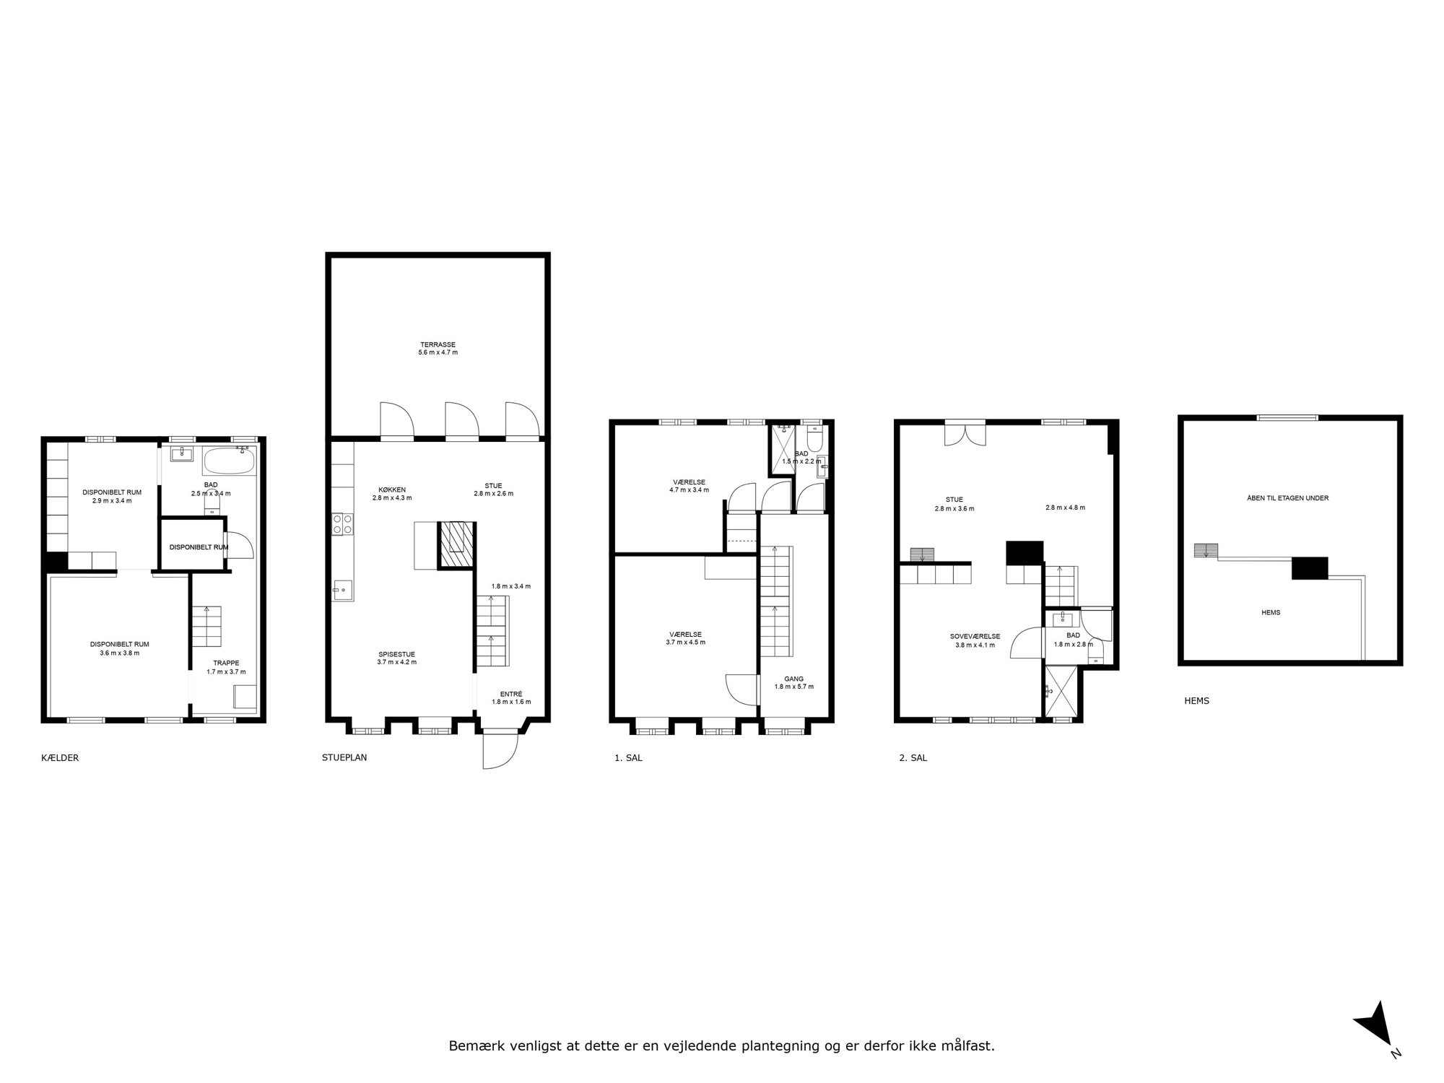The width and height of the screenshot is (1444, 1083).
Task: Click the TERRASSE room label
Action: point(438,344)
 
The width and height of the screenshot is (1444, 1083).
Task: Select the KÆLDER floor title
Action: point(60,758)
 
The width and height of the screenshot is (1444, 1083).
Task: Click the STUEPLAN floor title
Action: point(344,758)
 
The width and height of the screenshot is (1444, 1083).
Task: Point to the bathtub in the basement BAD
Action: point(229,460)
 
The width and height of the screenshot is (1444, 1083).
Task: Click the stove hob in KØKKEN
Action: point(342,523)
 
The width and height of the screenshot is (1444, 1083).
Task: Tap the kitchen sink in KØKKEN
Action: point(342,590)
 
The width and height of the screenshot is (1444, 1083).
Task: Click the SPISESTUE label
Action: point(396,653)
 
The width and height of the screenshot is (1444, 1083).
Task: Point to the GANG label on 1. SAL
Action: point(793,679)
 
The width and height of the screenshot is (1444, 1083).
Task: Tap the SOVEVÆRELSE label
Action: point(975,636)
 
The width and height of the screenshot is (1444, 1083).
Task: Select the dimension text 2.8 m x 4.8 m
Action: point(1065,508)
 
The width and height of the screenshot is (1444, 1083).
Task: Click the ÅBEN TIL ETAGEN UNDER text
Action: point(1287,498)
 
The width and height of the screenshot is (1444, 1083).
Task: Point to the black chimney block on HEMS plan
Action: point(1310,568)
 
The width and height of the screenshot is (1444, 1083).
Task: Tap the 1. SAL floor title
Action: point(628,758)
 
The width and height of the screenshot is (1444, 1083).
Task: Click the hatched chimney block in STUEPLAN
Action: point(456,544)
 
